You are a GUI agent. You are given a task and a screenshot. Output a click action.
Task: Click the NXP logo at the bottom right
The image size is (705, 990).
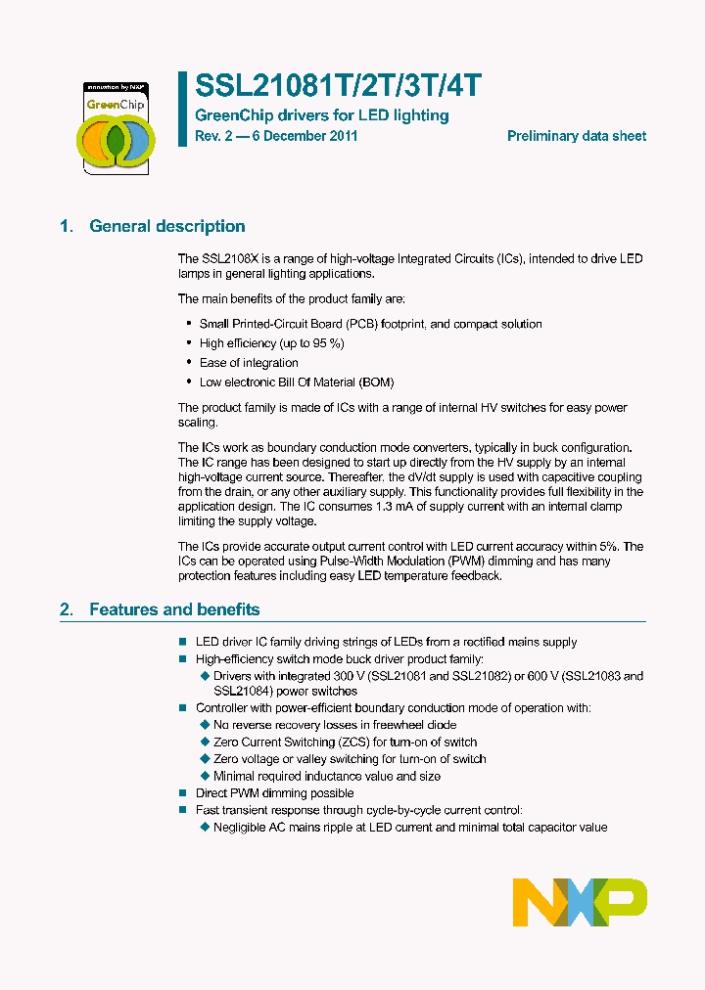pos(580,901)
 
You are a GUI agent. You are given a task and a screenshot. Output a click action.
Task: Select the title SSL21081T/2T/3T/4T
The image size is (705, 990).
pos(339,86)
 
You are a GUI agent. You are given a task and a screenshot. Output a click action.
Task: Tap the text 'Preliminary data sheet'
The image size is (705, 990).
pos(576,136)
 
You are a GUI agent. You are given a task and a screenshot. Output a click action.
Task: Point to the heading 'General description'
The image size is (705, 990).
pos(167,226)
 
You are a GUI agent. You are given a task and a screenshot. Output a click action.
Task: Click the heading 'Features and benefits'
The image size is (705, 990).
pos(174,609)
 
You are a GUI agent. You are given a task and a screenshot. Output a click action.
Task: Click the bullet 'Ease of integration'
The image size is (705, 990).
pos(249,363)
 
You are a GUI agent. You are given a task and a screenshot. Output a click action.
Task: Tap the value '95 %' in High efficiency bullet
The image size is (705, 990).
pos(326,343)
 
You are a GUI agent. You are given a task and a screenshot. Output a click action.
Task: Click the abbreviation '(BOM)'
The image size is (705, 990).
pos(376,382)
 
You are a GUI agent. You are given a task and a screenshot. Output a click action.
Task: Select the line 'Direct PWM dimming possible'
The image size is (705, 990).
pos(275,793)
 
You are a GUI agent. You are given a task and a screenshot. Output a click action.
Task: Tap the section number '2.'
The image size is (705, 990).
pos(67,609)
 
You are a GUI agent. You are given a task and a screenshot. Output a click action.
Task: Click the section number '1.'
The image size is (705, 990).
pos(67,226)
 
